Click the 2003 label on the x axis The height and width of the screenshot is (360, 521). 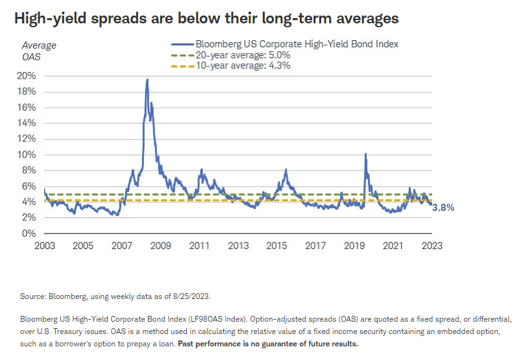click(x=43, y=246)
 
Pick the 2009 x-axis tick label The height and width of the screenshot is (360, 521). click(x=160, y=246)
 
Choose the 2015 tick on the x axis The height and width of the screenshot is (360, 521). click(x=277, y=246)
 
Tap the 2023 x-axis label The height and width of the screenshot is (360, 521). click(x=431, y=246)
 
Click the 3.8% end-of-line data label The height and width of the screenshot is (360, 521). click(x=443, y=208)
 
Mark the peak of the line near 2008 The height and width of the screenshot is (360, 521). click(x=147, y=80)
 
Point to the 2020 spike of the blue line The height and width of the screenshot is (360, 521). click(x=366, y=154)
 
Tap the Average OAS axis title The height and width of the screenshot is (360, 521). click(x=39, y=51)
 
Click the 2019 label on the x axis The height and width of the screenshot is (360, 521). click(x=354, y=246)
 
